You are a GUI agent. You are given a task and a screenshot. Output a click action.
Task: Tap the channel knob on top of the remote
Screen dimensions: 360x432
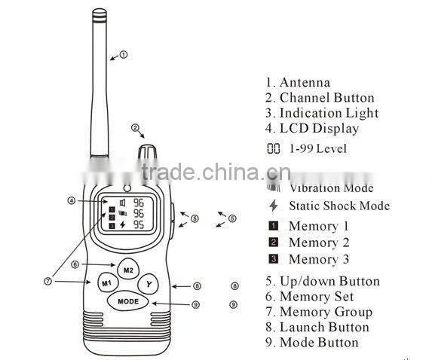point(148,151)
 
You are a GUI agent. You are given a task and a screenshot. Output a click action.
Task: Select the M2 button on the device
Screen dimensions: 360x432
point(127,269)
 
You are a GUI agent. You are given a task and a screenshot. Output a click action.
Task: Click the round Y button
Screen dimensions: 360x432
point(149,285)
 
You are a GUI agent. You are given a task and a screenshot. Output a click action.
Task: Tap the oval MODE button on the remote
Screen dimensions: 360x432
point(127,301)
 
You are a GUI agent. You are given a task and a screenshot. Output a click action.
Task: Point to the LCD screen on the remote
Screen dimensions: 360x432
point(129,212)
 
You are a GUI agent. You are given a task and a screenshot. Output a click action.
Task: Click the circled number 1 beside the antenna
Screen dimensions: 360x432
point(124,54)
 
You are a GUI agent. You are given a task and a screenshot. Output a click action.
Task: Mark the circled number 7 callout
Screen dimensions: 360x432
point(47,281)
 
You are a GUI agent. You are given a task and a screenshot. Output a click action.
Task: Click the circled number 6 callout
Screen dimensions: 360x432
point(75,264)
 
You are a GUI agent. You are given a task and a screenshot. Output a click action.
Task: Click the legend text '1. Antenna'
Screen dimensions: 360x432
point(297,82)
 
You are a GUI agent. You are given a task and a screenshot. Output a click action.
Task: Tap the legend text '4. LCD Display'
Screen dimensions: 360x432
point(311,129)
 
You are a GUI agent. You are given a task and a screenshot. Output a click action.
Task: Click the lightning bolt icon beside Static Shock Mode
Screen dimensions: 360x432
point(273,206)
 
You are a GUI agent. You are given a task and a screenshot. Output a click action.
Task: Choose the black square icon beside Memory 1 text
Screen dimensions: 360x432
point(273,226)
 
